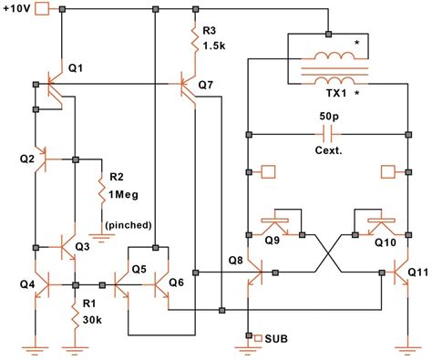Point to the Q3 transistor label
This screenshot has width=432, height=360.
coord(82,246)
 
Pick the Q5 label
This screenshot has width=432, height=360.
coord(139,269)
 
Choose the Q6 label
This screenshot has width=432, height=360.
coord(176,283)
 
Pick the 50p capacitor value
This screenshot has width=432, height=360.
coord(327,118)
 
